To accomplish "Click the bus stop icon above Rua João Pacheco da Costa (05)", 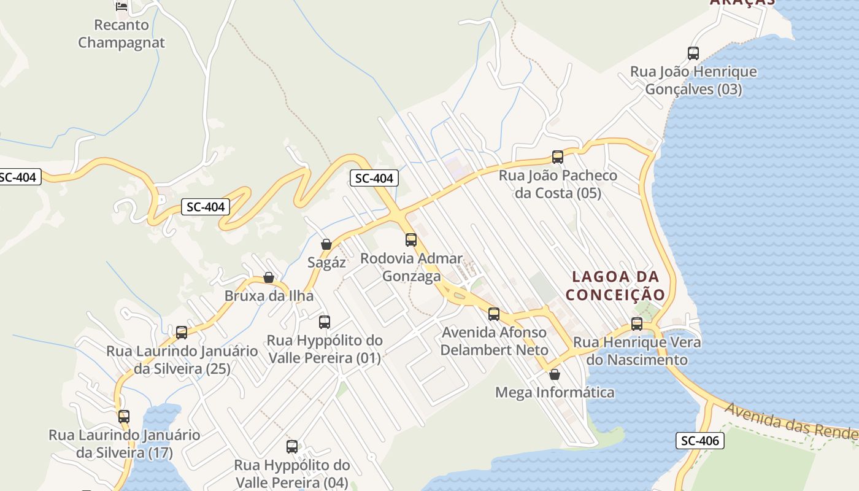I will point(557,157).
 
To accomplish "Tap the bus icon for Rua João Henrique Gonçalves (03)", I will point(693,53).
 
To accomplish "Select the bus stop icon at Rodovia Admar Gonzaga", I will point(411,240).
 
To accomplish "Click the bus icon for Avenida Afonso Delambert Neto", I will point(494,314).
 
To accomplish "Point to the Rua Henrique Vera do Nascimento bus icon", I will point(637,324).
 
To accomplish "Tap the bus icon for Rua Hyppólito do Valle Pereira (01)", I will point(325,322).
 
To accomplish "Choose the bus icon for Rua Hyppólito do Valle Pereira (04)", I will point(292,447).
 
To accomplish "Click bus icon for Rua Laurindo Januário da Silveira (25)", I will point(182,333).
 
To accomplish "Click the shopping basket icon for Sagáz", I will point(326,244).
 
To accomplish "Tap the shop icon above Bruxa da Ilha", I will point(269,277).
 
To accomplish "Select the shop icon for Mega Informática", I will point(555,374).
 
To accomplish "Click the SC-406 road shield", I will point(700,440).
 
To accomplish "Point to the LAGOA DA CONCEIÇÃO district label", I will point(615,286).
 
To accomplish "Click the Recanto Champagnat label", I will point(121,34).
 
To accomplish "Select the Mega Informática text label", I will point(555,392).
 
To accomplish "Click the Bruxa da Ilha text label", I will point(269,296).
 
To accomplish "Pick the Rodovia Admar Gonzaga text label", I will point(411,267).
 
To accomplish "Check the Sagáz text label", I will point(326,263).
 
